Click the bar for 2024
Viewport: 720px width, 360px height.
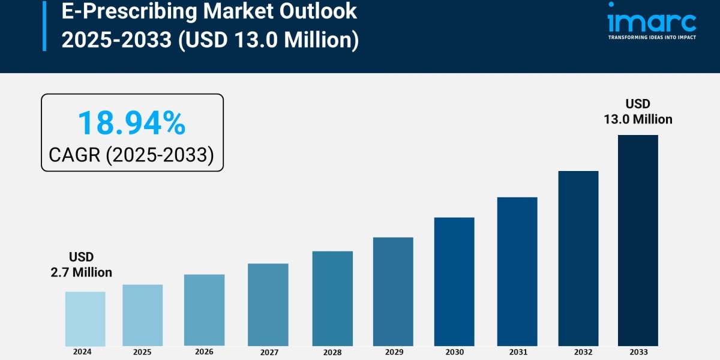coord(85,319)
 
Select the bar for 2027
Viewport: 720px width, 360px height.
coord(268,305)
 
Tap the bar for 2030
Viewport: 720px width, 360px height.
coord(454,281)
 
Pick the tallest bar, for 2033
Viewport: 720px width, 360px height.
coord(638,240)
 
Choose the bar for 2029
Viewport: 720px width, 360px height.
coord(393,292)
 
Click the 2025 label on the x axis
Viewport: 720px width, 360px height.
coord(142,352)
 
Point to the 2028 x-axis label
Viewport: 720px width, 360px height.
coord(332,352)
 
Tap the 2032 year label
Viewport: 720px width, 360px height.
coord(578,352)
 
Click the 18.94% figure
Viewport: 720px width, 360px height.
coord(131,123)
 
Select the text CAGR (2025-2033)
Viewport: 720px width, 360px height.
coord(131,155)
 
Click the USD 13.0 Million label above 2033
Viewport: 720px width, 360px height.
coord(638,112)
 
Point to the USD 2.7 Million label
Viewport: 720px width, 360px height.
coord(81,265)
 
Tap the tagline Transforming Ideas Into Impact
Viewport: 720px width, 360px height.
coord(652,37)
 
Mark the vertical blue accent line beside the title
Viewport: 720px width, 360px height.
coord(44,25)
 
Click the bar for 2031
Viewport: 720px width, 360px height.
coord(517,271)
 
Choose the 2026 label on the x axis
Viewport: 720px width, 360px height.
coord(204,352)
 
